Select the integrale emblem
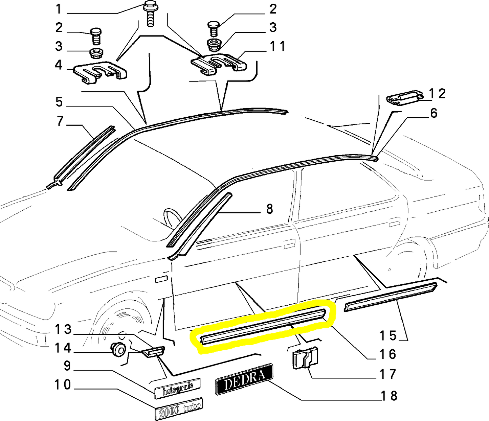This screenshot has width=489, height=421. point(177,389)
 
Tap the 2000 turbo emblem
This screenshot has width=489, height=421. point(179,409)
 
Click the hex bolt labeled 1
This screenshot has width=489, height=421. point(150,15)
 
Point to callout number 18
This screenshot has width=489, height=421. point(388,396)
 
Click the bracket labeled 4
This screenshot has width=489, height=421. point(100,72)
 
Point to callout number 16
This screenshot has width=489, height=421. point(387,354)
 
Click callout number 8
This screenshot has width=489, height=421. point(269,209)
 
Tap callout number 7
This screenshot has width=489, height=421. point(60,121)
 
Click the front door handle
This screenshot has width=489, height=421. point(289,244)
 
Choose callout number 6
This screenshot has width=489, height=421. point(434,113)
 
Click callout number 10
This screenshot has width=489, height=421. point(63,384)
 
